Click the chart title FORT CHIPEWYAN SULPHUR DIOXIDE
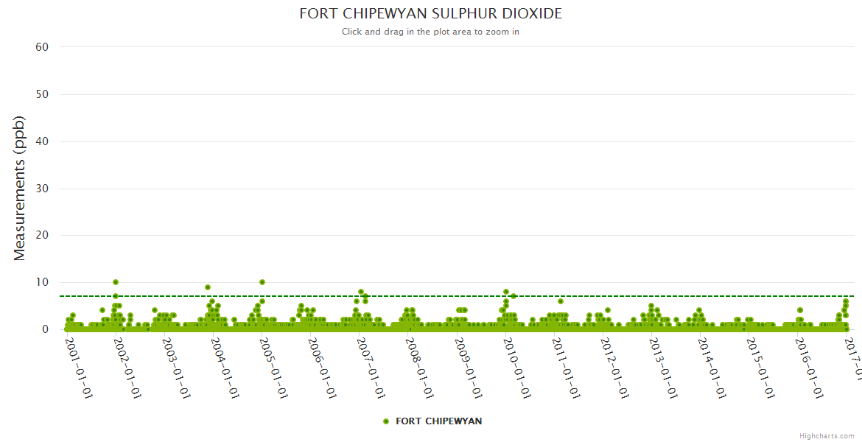pyautogui.click(x=430, y=14)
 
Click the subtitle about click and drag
pyautogui.click(x=430, y=32)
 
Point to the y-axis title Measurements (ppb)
pyautogui.click(x=20, y=188)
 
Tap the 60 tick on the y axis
pyautogui.click(x=42, y=47)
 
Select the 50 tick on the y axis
pyautogui.click(x=42, y=94)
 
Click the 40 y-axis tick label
pyautogui.click(x=42, y=141)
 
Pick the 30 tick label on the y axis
pyautogui.click(x=42, y=189)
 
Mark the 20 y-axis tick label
pyautogui.click(x=42, y=236)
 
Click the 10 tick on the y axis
pyautogui.click(x=42, y=282)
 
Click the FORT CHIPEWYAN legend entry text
pyautogui.click(x=439, y=421)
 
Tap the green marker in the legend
pyautogui.click(x=386, y=421)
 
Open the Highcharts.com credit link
pyautogui.click(x=827, y=436)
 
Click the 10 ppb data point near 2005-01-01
pyautogui.click(x=262, y=282)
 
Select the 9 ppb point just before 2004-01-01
pyautogui.click(x=208, y=287)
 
